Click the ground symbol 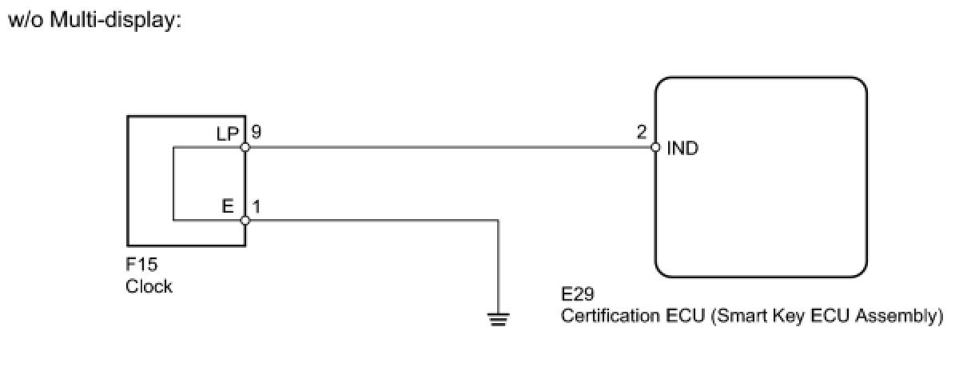pos(499,320)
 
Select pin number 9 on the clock pos(255,133)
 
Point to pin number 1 pos(256,206)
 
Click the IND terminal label pos(682,149)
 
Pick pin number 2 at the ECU pos(642,133)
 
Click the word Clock pos(149,286)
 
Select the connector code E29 pos(578,296)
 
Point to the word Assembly pos(901,316)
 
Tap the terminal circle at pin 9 pos(245,147)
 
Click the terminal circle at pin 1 pos(245,221)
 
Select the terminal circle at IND pos(655,147)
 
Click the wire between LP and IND pos(448,147)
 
